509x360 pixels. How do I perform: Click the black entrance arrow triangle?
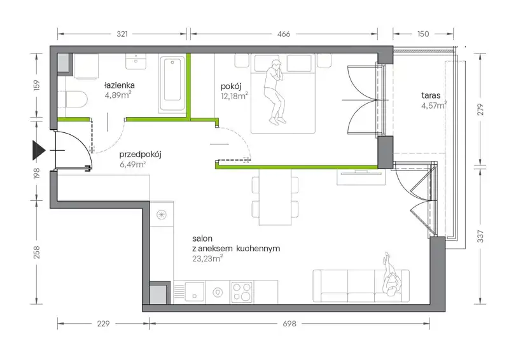tap(38, 150)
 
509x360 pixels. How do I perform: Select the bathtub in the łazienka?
tap(172, 83)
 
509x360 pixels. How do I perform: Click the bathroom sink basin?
tap(136, 61)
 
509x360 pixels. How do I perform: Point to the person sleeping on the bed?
tap(275, 92)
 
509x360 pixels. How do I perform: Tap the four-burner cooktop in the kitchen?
tap(242, 292)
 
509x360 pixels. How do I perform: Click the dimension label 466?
tap(284, 34)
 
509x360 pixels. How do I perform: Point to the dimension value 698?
tap(289, 324)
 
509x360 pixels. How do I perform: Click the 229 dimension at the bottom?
tap(103, 324)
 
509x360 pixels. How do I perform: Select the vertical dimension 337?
tap(481, 236)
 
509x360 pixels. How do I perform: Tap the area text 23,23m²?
tap(207, 259)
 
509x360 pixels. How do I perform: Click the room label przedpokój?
tap(140, 155)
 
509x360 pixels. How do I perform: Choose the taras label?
tap(431, 95)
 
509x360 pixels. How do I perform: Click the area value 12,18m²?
tap(234, 96)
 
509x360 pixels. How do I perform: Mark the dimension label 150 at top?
tap(423, 34)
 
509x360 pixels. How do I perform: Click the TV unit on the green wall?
tap(361, 177)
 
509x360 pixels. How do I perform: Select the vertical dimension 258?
tap(37, 252)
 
